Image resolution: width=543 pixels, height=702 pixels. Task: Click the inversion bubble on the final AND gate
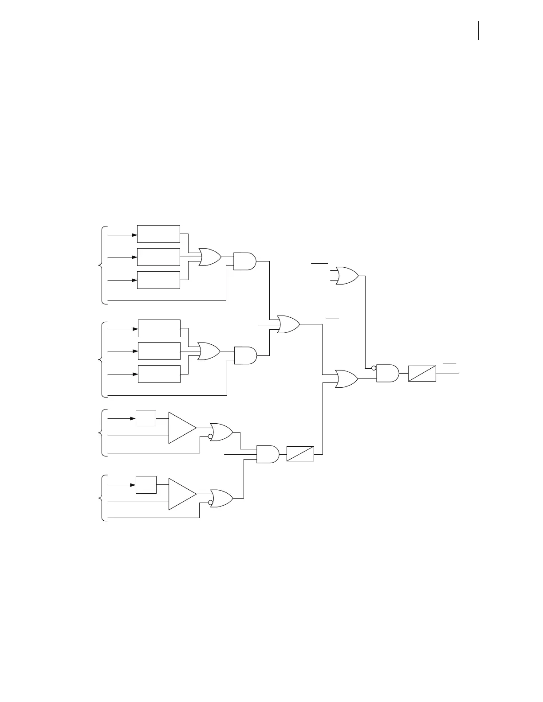(374, 368)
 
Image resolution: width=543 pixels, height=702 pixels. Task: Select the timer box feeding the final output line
(421, 373)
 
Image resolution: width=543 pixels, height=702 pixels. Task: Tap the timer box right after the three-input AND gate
(300, 454)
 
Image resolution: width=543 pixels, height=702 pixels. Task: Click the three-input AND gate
(268, 454)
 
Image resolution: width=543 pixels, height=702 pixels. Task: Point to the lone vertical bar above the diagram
(478, 31)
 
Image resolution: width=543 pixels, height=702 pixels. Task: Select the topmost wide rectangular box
(158, 234)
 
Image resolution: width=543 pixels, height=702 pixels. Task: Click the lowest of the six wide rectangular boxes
(159, 374)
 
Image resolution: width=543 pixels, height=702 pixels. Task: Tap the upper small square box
(146, 418)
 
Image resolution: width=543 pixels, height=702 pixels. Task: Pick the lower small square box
(146, 484)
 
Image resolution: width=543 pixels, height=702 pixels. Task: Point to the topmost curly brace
(102, 265)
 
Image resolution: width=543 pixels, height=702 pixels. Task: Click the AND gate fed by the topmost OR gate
(244, 261)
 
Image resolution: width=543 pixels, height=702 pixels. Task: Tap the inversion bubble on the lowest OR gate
(210, 503)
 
